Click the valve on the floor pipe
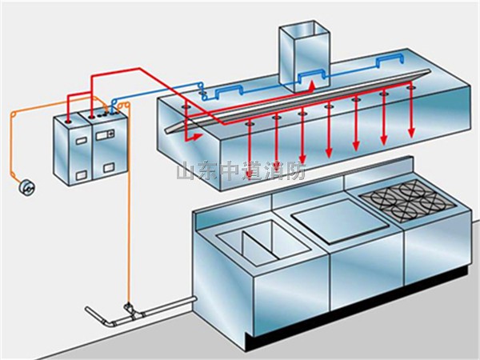127,308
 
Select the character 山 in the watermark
185,171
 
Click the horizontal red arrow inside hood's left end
192,137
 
